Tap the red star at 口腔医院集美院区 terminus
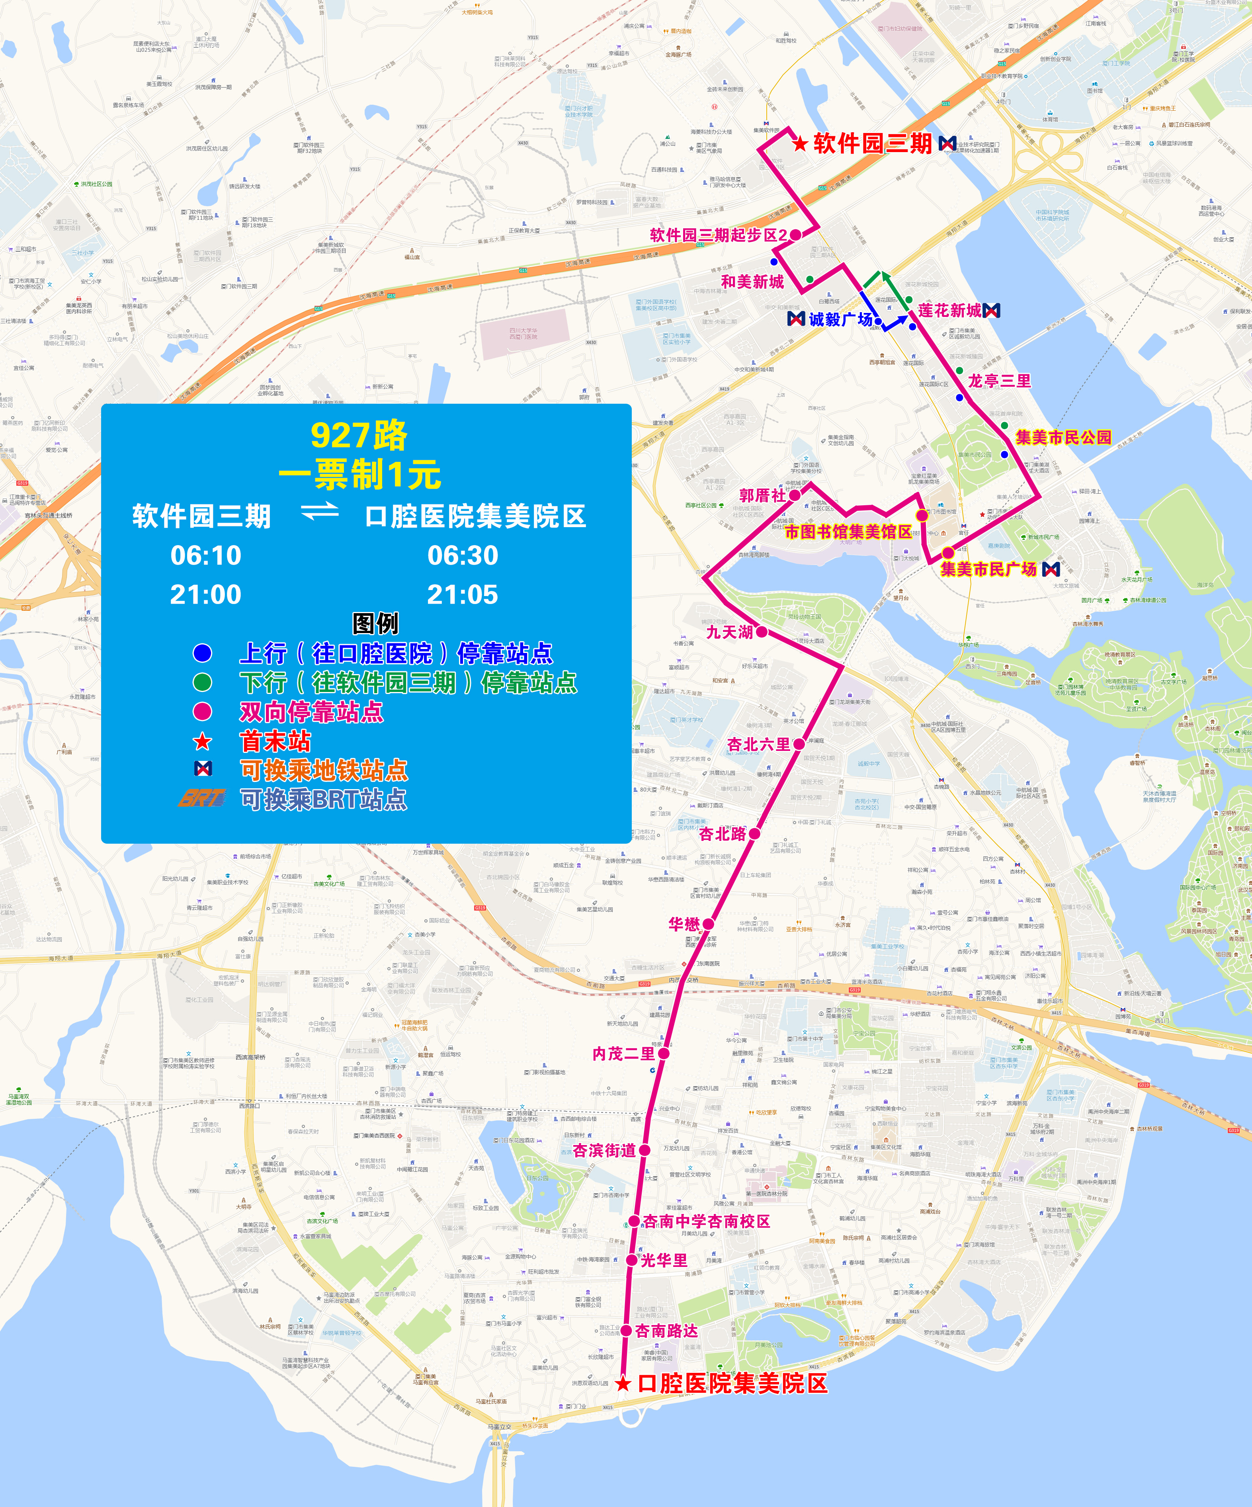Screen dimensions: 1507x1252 623,1383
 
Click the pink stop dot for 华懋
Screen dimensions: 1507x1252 708,924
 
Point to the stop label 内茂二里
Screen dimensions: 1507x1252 623,1054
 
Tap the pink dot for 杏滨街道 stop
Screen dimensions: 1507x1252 644,1149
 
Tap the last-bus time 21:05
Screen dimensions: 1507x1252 462,594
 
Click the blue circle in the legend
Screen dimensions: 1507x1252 202,653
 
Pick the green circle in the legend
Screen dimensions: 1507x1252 202,682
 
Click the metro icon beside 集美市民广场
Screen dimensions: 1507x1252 1051,569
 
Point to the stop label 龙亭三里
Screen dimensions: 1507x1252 1000,381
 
